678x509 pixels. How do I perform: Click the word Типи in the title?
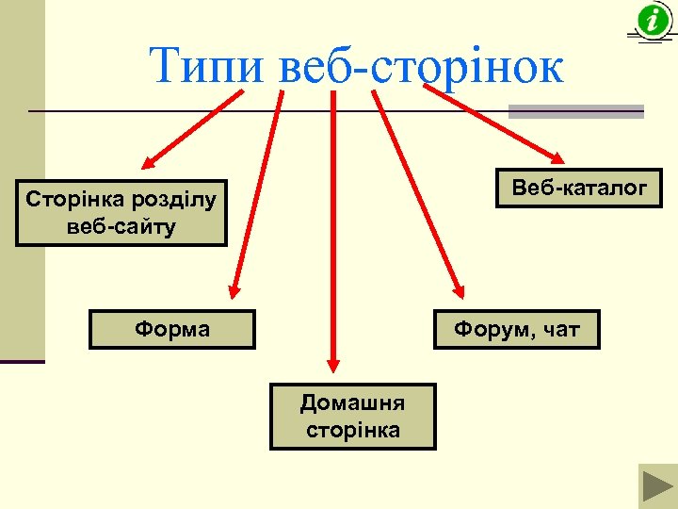(208, 65)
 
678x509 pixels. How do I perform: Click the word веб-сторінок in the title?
(423, 67)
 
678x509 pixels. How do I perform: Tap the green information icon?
(653, 20)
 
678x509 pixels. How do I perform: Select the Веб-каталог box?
(579, 188)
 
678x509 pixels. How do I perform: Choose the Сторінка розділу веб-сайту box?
(121, 213)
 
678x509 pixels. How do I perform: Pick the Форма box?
(172, 329)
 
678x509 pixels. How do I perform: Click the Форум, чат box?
(517, 329)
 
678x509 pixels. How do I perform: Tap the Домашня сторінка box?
(352, 416)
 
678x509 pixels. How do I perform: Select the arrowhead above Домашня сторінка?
(331, 362)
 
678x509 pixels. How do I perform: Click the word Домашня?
(352, 403)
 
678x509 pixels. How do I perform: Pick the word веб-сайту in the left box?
(121, 227)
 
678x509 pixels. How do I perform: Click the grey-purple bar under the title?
(576, 111)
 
